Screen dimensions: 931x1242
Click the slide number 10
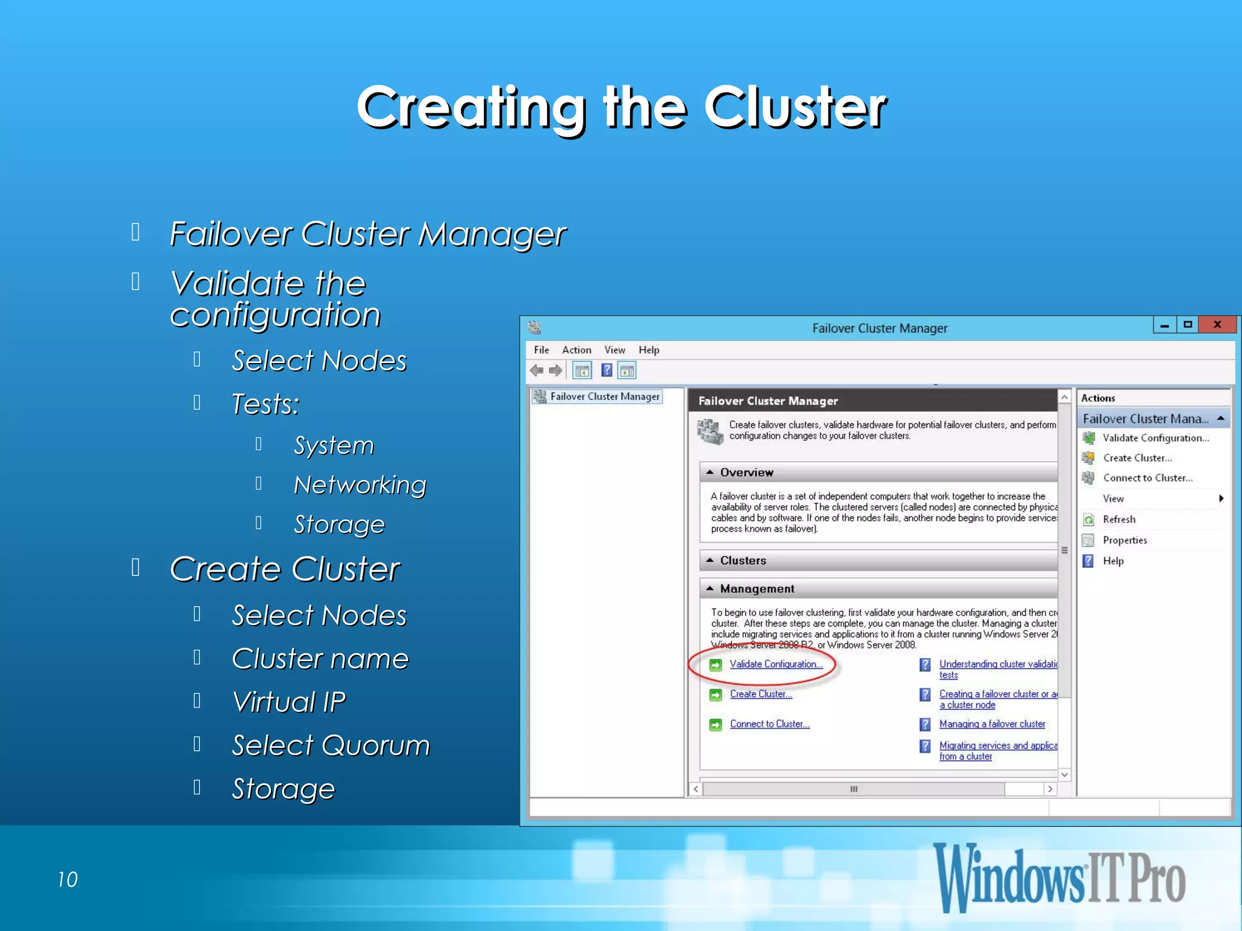[x=67, y=879]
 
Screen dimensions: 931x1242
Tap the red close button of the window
[x=1217, y=325]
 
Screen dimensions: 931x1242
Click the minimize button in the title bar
[x=1164, y=325]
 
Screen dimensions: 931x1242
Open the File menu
[x=541, y=350]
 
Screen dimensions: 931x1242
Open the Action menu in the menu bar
[x=576, y=350]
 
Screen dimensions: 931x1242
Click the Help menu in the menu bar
[x=648, y=350]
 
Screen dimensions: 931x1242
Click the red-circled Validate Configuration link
[x=776, y=664]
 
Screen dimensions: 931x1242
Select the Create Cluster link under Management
[x=760, y=694]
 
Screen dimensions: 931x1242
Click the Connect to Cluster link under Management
[x=769, y=724]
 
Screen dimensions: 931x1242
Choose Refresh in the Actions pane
[x=1119, y=519]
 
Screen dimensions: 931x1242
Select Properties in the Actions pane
[x=1124, y=540]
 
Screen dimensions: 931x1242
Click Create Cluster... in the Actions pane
[x=1137, y=458]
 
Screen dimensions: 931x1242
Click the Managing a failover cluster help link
[x=992, y=724]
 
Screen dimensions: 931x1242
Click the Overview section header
[x=746, y=472]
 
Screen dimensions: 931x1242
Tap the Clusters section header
[x=743, y=561]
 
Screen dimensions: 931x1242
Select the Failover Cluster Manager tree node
[x=604, y=396]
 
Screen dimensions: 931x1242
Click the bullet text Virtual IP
[x=289, y=702]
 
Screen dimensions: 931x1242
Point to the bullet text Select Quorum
[x=331, y=746]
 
